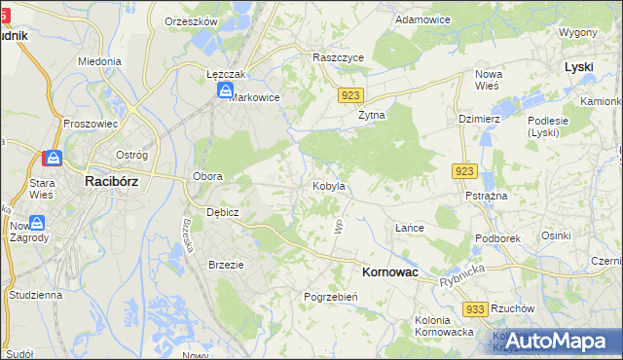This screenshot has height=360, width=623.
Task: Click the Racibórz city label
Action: pyautogui.click(x=116, y=180)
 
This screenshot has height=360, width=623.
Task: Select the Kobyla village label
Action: pyautogui.click(x=329, y=185)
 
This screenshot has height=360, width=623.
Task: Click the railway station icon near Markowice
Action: pyautogui.click(x=226, y=90)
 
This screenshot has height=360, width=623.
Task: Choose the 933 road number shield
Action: pyautogui.click(x=475, y=308)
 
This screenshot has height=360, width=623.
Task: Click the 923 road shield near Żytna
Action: pyautogui.click(x=352, y=95)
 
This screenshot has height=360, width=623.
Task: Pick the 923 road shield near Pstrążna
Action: pyautogui.click(x=463, y=171)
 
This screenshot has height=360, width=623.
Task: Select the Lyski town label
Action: pyautogui.click(x=579, y=66)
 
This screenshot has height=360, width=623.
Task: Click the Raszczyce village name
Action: pyautogui.click(x=338, y=57)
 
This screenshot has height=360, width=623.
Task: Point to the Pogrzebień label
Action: pyautogui.click(x=331, y=296)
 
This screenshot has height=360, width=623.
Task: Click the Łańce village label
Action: pyautogui.click(x=409, y=227)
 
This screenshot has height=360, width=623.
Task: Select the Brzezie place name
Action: pyautogui.click(x=226, y=264)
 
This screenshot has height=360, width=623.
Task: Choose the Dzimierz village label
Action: pyautogui.click(x=479, y=119)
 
